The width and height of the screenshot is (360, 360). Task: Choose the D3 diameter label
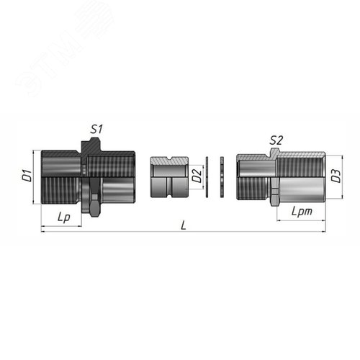coord(335,175)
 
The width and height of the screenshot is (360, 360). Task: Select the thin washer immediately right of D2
coord(207,176)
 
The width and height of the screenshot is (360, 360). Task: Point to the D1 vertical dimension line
coord(34,177)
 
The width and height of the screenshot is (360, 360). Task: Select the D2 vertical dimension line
coord(202,176)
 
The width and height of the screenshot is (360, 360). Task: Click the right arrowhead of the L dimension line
coord(325,231)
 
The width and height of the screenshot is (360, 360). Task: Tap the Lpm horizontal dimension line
coord(301,219)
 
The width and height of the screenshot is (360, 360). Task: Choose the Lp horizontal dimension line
coord(62,225)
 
